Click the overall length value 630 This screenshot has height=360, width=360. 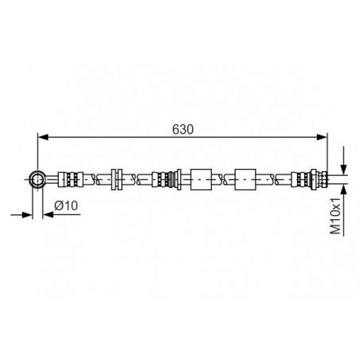pos(182,129)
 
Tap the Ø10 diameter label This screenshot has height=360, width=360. pos(66,205)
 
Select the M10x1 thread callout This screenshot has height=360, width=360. pos(335,216)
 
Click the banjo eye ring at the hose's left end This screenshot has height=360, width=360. pos(37,179)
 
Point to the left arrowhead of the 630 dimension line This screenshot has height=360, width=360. pos(43,137)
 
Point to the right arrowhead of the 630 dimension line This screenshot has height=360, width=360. pos(322,137)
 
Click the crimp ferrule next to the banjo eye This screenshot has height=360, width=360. pos(70,179)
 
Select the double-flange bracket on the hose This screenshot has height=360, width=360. pos(116,179)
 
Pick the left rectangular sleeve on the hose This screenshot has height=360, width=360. pos(201,179)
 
